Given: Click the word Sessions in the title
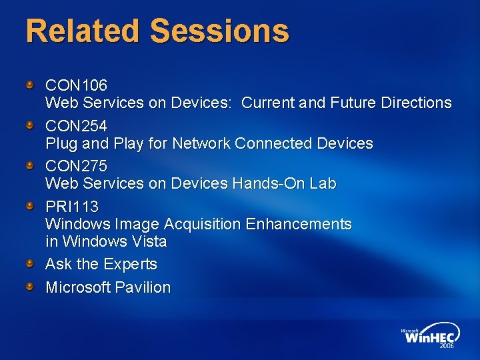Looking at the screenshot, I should click(220, 31).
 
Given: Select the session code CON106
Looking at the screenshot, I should click(76, 85).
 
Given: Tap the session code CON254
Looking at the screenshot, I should click(76, 126).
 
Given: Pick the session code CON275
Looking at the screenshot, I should click(76, 166).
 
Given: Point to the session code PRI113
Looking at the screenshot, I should click(71, 207).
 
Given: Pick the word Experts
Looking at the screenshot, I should click(130, 265).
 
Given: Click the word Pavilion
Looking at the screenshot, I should click(143, 288).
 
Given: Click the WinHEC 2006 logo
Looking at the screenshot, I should click(429, 337).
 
